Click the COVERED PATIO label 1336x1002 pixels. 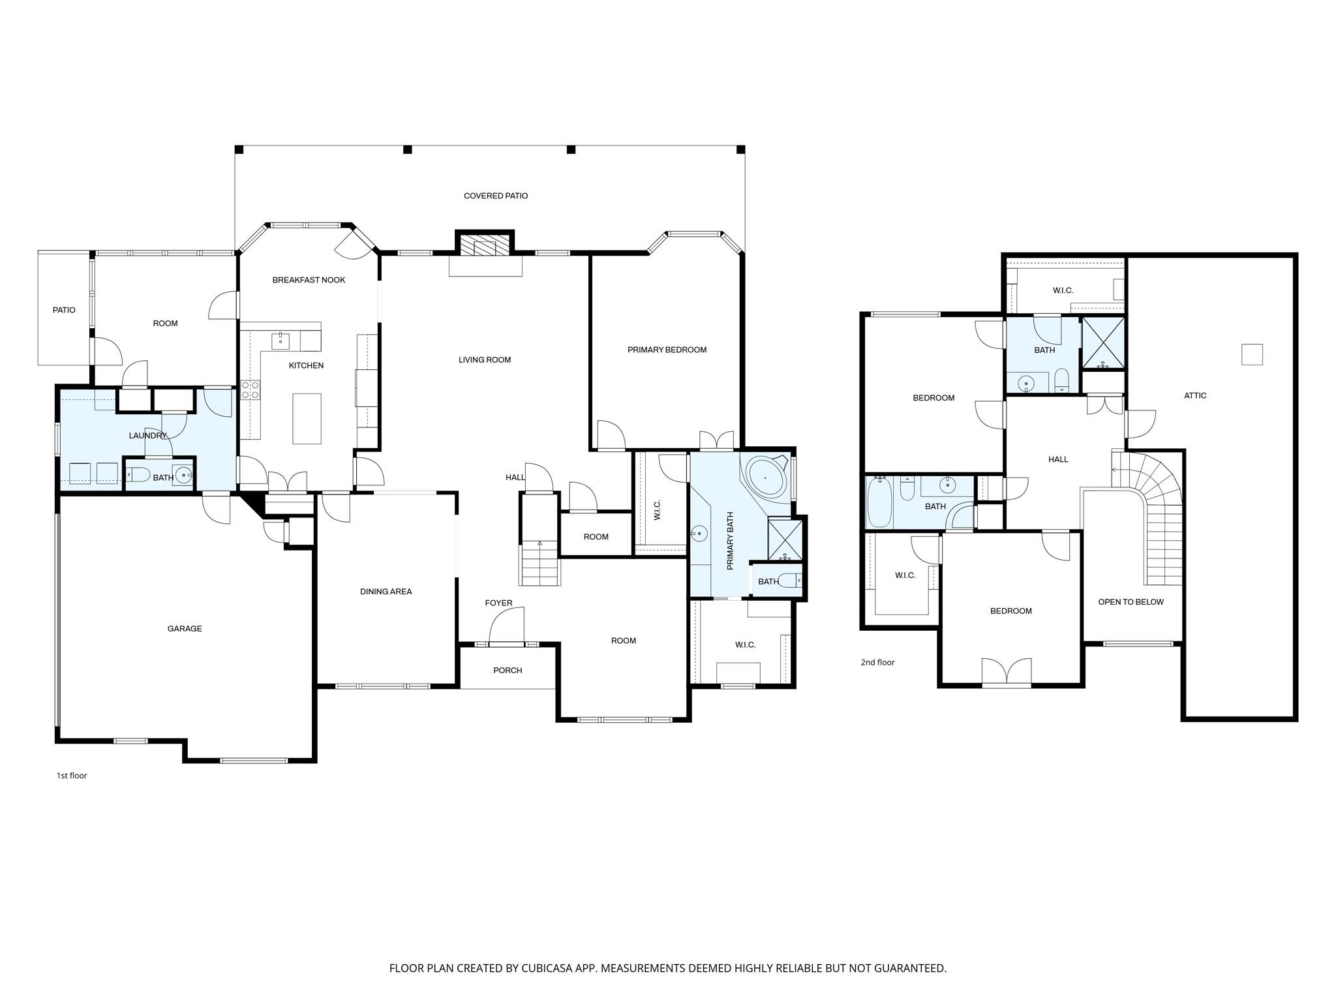(x=496, y=196)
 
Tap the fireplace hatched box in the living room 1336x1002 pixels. (x=484, y=246)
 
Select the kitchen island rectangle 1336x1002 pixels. (x=307, y=418)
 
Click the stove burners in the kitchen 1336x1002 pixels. (x=250, y=390)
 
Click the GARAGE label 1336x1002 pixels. (x=185, y=629)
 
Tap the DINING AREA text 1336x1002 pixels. (x=386, y=592)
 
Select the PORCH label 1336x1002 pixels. (x=508, y=671)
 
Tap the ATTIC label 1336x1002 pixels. (x=1195, y=395)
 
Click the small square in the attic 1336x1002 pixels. (x=1252, y=354)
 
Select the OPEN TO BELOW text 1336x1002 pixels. (x=1131, y=602)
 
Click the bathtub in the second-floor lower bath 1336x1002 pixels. (x=879, y=502)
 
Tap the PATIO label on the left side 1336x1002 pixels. (x=64, y=310)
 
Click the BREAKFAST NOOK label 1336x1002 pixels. (x=309, y=280)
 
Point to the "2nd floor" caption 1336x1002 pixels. (x=877, y=662)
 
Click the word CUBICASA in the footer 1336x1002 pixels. (x=566, y=968)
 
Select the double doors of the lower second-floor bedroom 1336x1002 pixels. (x=1007, y=672)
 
